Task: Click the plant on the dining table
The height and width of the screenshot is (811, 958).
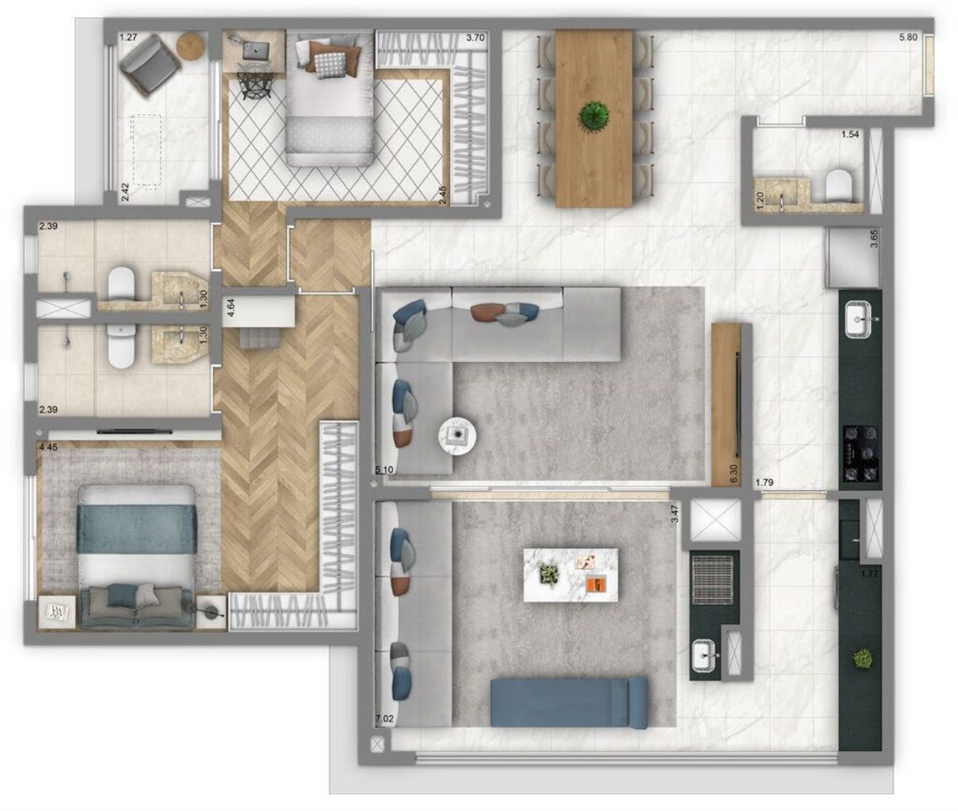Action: click(x=594, y=116)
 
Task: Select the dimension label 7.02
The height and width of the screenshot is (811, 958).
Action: click(x=384, y=719)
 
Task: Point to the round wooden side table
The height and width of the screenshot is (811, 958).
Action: click(x=191, y=47)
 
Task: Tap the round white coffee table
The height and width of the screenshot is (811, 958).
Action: click(x=458, y=434)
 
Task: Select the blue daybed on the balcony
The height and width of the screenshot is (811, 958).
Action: click(x=569, y=702)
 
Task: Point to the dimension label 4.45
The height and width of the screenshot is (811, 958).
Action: click(x=48, y=447)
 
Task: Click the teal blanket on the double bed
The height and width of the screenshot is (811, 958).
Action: click(x=136, y=528)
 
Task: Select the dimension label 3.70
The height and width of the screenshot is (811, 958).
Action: click(x=475, y=36)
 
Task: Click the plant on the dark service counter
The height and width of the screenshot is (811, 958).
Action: click(x=861, y=657)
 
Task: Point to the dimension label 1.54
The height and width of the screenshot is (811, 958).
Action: click(x=849, y=135)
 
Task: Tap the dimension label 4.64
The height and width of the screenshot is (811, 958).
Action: click(x=231, y=307)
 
